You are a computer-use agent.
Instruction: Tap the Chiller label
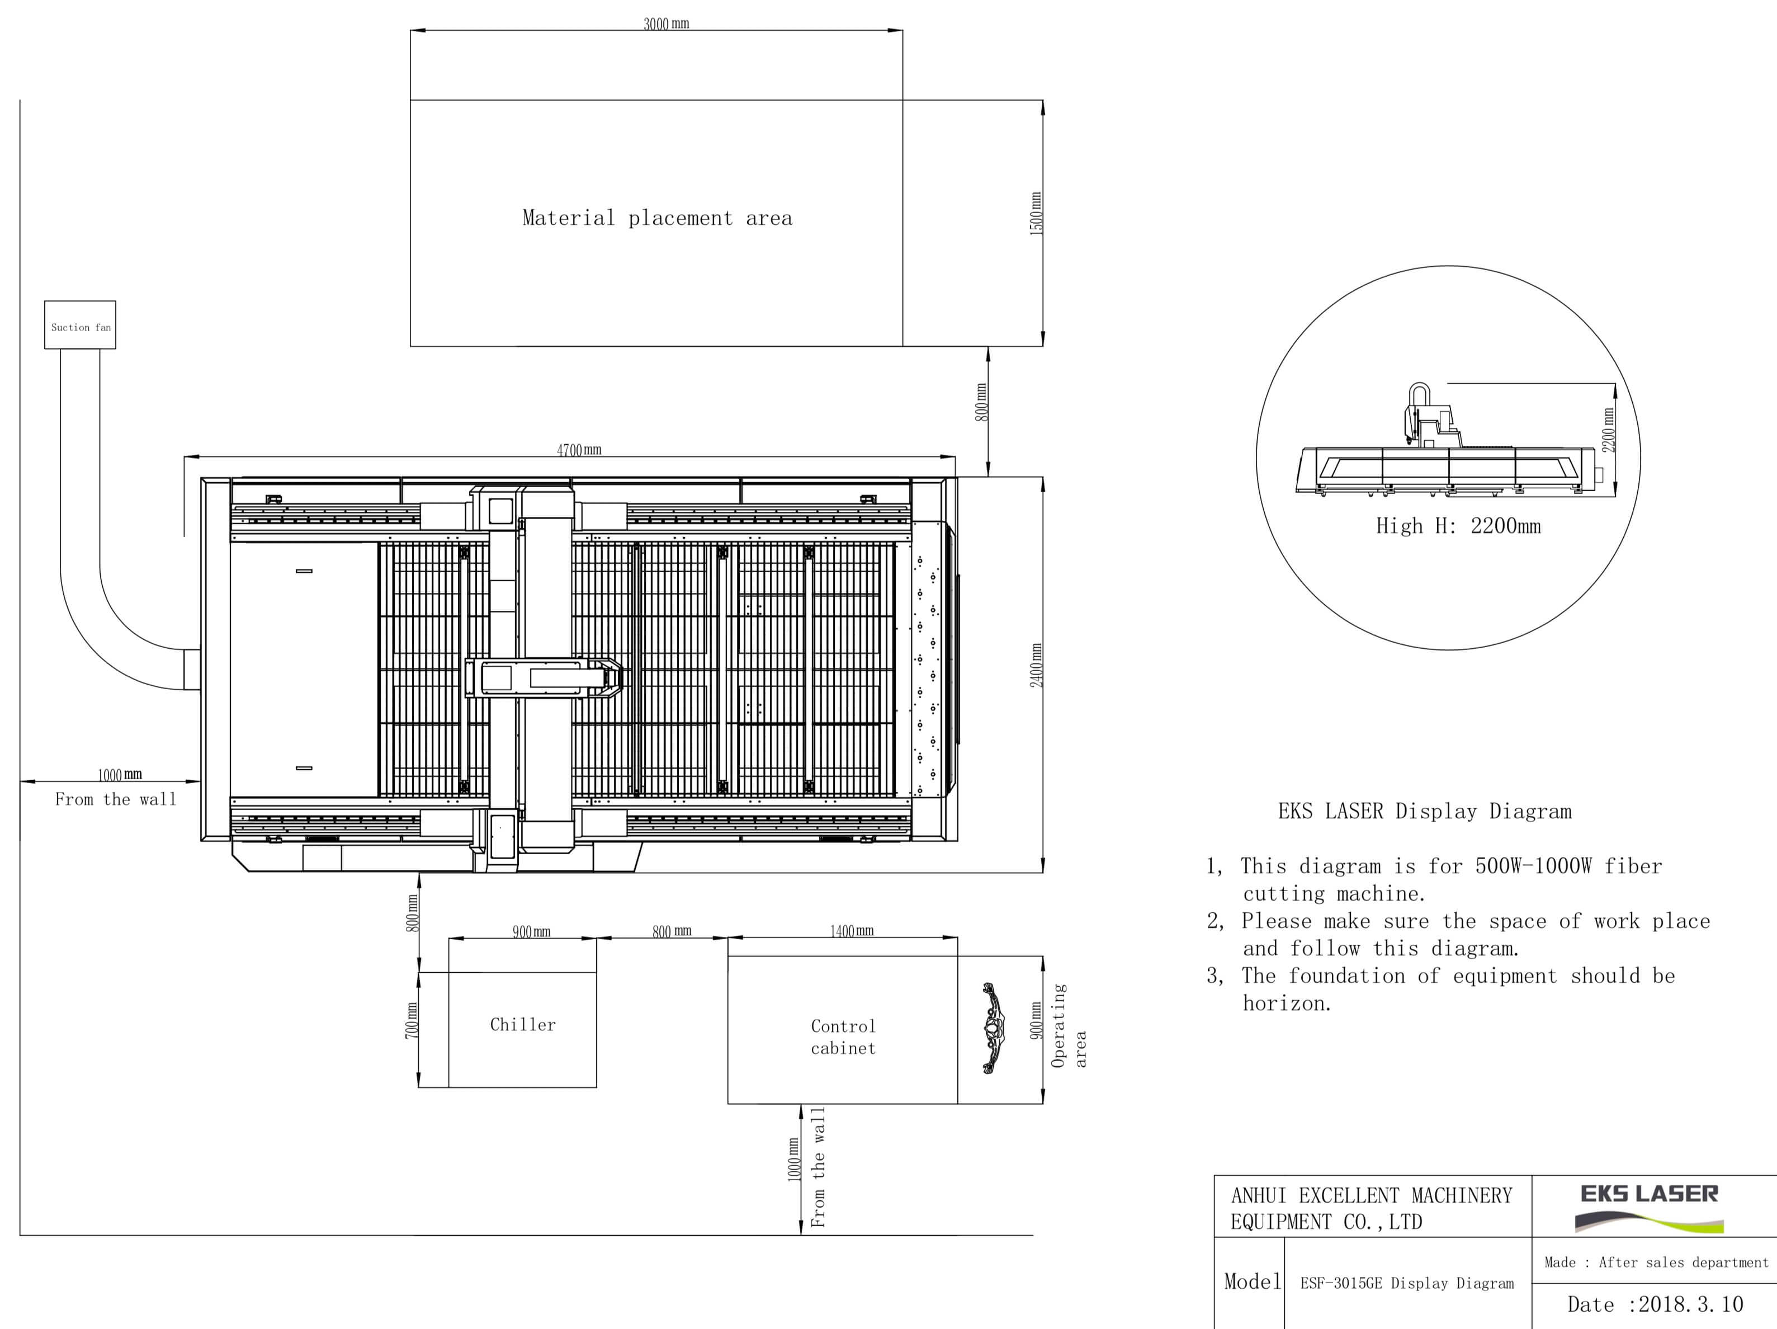[x=523, y=1025]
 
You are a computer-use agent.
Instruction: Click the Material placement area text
[x=657, y=218]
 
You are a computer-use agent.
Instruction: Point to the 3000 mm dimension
[x=666, y=23]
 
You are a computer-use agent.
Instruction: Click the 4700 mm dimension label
[x=579, y=450]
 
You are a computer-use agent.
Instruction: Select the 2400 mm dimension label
[x=1036, y=665]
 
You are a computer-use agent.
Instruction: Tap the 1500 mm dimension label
[x=1036, y=213]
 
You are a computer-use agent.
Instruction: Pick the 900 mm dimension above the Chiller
[x=532, y=931]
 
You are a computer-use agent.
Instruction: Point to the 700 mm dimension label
[x=412, y=1020]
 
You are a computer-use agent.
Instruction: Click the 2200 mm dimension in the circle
[x=1608, y=430]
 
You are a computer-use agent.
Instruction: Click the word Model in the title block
[x=1253, y=1281]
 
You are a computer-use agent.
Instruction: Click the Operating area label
[x=1069, y=1025]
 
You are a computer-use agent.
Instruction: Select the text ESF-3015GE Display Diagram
[x=1407, y=1283]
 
